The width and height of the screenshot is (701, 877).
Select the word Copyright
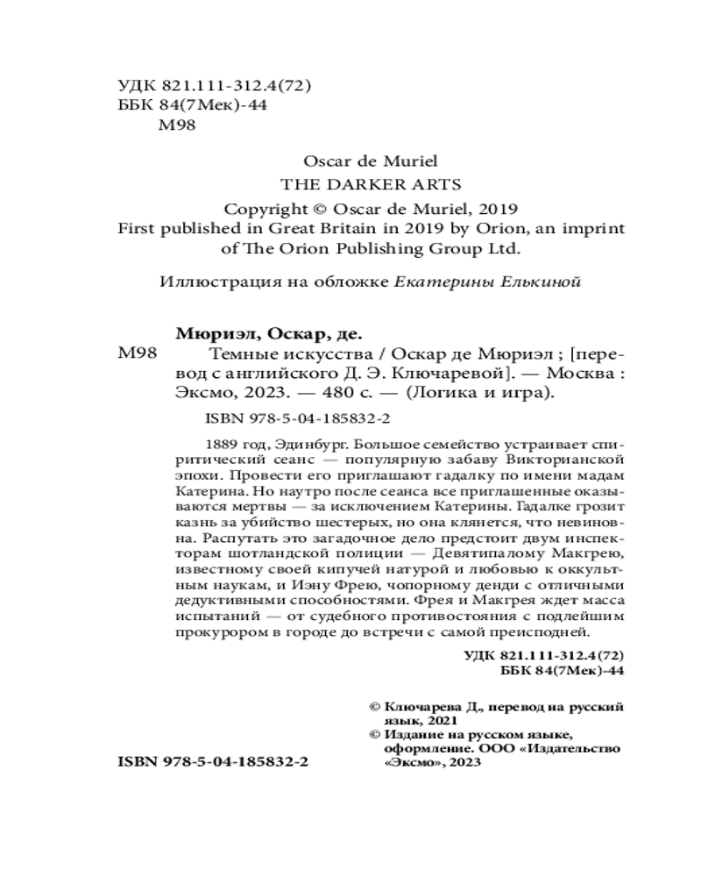pyautogui.click(x=262, y=210)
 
